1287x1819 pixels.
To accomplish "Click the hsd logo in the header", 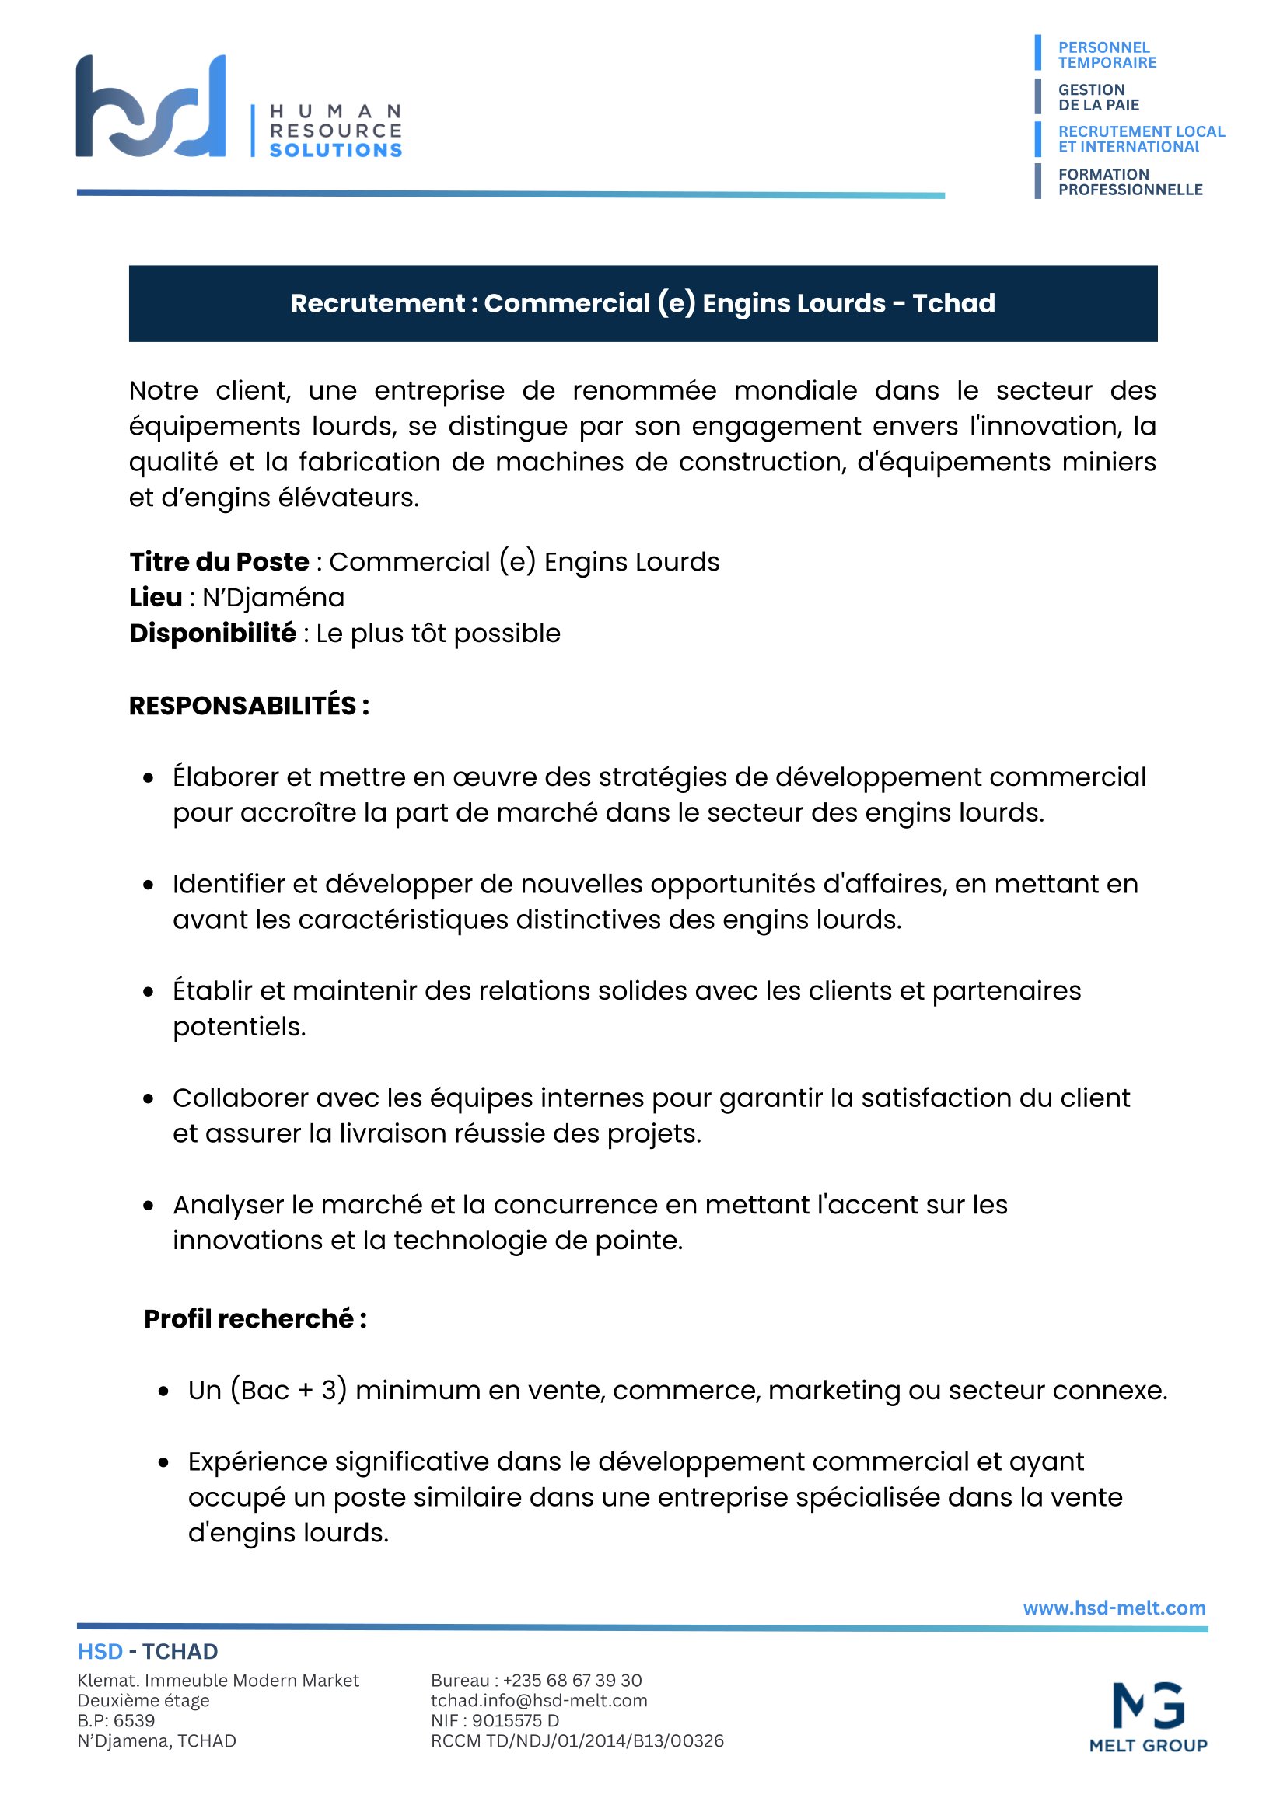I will (151, 106).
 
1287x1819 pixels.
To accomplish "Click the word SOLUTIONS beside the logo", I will (335, 150).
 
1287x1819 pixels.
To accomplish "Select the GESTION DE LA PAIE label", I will (1098, 97).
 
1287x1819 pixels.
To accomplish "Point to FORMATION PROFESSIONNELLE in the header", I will (1129, 181).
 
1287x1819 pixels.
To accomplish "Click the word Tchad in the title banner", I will (953, 303).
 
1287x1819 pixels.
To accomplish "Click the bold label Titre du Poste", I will (219, 562).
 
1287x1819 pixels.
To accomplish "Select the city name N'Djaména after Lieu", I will (274, 597).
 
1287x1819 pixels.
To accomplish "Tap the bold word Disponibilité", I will (212, 633).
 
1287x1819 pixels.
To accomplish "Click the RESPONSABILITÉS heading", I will (248, 705).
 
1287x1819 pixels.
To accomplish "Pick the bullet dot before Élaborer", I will (149, 778).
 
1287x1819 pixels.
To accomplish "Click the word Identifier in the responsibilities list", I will (230, 883).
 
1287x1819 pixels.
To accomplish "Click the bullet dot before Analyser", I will (149, 1206).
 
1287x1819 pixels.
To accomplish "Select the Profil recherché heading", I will (254, 1318).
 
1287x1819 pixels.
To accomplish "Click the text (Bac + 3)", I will (289, 1390).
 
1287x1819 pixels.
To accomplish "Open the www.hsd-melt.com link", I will (1114, 1608).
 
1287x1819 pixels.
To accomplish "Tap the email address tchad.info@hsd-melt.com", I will (539, 1700).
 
